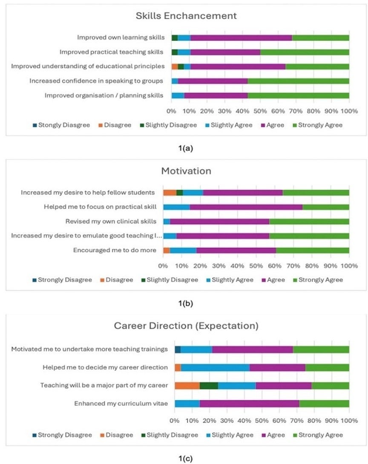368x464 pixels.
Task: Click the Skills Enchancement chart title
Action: [186, 16]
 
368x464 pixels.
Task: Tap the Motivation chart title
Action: [186, 171]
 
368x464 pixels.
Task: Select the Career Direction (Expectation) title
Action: [186, 326]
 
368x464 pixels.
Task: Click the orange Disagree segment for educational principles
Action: [175, 66]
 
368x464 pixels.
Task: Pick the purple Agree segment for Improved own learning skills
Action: [241, 37]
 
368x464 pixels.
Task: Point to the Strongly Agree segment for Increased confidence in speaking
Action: [298, 81]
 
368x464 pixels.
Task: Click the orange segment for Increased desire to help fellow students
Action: [170, 193]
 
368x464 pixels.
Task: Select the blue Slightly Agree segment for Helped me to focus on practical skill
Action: [176, 207]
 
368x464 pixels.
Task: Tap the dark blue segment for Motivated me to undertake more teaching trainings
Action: [178, 349]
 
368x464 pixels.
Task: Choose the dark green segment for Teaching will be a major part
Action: [209, 386]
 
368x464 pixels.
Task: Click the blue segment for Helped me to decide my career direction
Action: [215, 367]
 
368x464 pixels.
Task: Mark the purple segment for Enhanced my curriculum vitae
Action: [249, 403]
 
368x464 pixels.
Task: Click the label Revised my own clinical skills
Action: [111, 221]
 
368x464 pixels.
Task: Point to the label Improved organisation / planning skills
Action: [104, 95]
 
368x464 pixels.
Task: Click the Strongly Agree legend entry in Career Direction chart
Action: [320, 435]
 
